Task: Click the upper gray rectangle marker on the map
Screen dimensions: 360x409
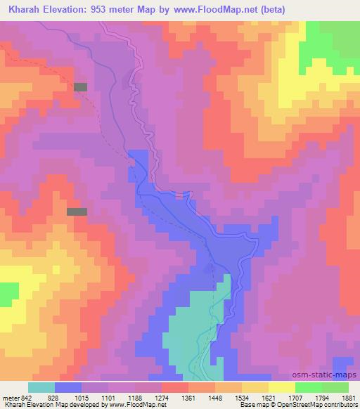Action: (x=81, y=86)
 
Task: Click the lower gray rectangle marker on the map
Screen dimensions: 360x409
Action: (x=77, y=211)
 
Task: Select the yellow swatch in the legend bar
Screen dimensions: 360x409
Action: (x=281, y=387)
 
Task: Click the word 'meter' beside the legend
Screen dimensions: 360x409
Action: (x=7, y=398)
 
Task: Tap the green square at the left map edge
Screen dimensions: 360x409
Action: (x=8, y=294)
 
